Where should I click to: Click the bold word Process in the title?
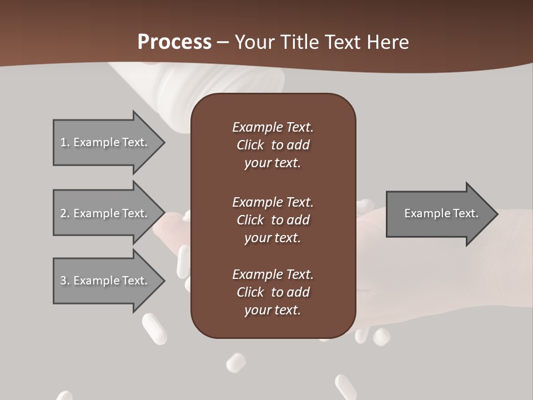[174, 42]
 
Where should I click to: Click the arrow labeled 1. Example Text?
[105, 142]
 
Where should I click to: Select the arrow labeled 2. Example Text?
[105, 213]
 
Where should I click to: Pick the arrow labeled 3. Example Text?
[105, 281]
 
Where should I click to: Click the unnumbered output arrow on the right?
[439, 214]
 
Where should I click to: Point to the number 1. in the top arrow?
[65, 142]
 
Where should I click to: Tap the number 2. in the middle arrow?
[65, 213]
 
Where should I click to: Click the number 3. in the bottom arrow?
[65, 281]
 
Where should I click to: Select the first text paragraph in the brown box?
[273, 145]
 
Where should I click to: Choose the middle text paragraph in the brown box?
[273, 220]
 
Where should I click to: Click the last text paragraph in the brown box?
[273, 292]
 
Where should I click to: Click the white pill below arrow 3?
[154, 329]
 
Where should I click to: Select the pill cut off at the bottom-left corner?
[64, 396]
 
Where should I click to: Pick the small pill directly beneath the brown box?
[236, 362]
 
